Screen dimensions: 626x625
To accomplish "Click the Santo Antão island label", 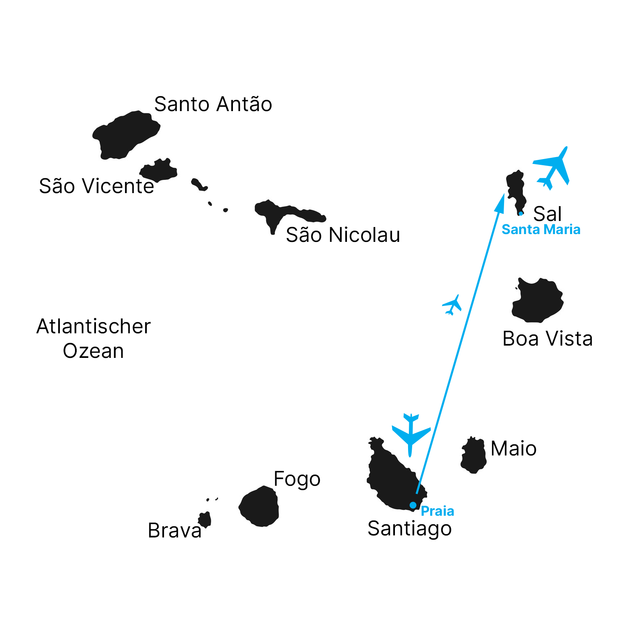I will [213, 104].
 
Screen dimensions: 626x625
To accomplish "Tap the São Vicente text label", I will [96, 186].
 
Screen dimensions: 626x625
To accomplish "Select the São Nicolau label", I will [343, 235].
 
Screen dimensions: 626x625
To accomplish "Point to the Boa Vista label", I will [547, 339].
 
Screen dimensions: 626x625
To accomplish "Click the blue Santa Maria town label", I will [541, 230].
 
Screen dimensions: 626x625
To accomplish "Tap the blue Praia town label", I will [437, 511].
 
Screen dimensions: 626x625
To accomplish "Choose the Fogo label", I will [297, 479].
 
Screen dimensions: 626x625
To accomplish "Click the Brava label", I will [175, 530].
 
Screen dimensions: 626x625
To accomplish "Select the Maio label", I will [513, 448].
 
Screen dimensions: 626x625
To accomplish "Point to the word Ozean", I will [94, 351].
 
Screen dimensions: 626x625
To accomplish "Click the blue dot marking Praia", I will [413, 505].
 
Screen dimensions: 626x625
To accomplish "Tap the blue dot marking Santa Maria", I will [521, 214].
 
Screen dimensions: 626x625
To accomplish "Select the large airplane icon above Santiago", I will [411, 434].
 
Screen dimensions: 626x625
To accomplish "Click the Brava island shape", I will [205, 520].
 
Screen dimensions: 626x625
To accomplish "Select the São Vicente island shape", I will [159, 170].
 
